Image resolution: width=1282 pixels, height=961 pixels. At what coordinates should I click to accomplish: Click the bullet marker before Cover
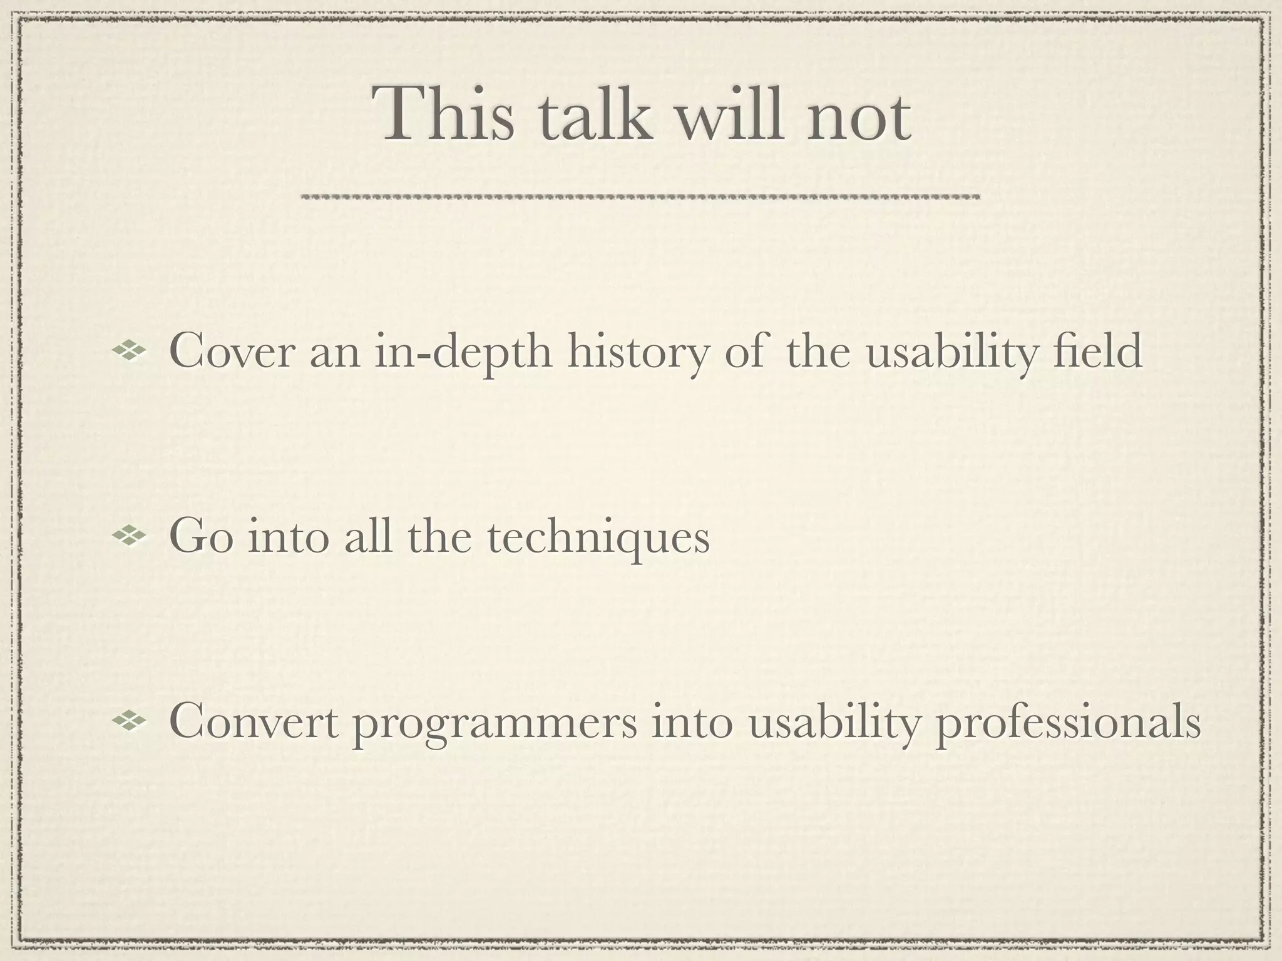tap(128, 351)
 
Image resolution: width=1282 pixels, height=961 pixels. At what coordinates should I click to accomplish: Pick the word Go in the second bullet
tap(201, 537)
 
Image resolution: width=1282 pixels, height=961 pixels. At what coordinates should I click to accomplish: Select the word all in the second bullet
tap(371, 537)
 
